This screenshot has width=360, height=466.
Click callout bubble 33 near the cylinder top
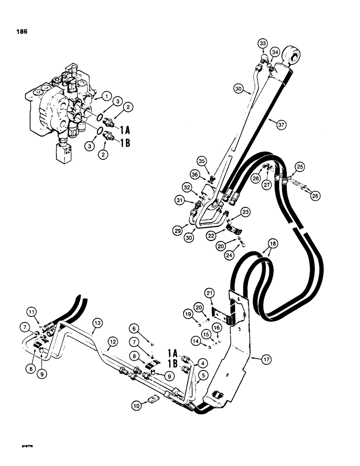pyautogui.click(x=263, y=45)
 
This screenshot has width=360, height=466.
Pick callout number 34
pyautogui.click(x=275, y=51)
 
